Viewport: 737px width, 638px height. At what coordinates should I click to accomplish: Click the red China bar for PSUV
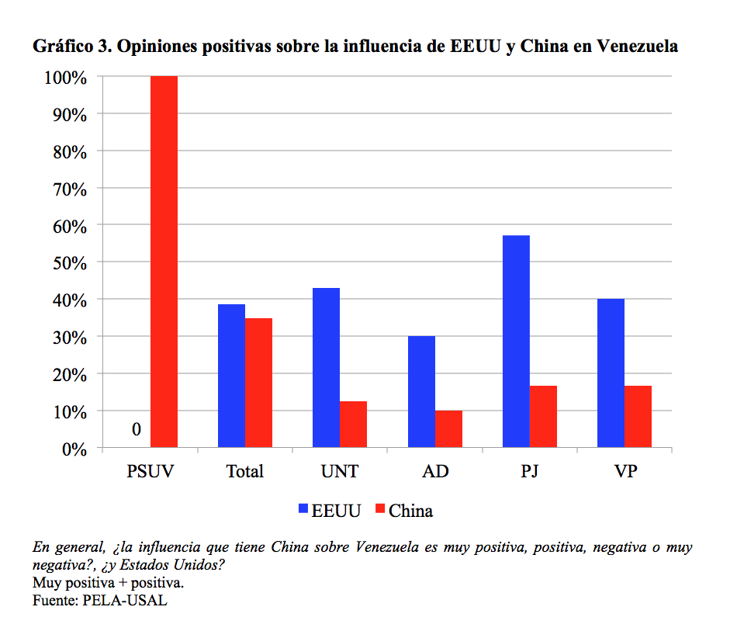point(164,262)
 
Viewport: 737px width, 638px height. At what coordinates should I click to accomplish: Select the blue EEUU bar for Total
point(231,376)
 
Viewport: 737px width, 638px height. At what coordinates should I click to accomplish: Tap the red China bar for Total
point(258,383)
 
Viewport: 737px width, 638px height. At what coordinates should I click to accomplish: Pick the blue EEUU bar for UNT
point(326,368)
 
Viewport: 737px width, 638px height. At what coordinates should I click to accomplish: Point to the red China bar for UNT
point(353,425)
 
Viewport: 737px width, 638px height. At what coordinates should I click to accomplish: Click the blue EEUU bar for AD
point(421,392)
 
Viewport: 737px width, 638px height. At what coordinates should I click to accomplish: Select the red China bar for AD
point(448,429)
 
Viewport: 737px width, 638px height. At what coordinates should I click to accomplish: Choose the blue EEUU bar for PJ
point(516,342)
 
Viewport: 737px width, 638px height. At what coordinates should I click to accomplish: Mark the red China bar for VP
point(638,417)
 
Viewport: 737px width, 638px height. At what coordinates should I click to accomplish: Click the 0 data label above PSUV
point(136,429)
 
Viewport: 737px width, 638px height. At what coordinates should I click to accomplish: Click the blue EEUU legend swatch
point(303,510)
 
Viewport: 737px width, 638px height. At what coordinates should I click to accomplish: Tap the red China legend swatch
point(380,510)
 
